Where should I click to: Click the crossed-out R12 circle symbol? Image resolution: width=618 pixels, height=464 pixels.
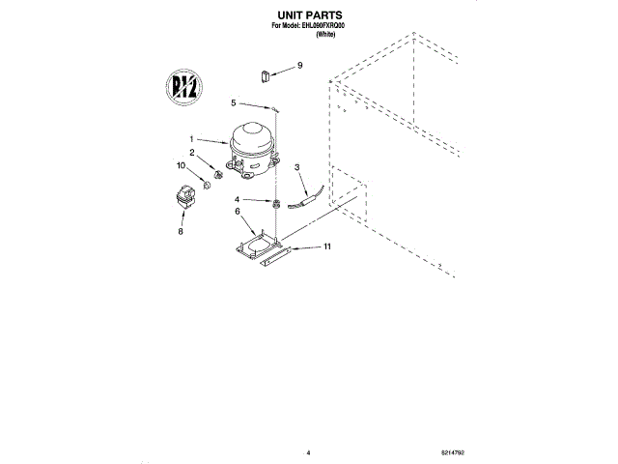click(183, 88)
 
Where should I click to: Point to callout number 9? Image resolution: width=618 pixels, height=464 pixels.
click(299, 65)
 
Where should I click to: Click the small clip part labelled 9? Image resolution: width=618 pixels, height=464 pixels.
click(264, 74)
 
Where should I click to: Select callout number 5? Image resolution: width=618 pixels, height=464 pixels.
click(233, 101)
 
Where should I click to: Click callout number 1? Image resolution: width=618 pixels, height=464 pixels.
click(192, 138)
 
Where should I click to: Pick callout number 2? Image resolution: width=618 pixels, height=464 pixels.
click(192, 153)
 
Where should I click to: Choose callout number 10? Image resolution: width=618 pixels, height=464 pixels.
click(181, 166)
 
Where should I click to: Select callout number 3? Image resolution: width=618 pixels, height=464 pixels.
click(297, 166)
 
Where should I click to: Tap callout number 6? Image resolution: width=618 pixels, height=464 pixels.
click(237, 212)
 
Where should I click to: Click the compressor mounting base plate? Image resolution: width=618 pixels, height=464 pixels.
click(256, 245)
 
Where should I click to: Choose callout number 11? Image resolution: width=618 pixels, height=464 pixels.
click(326, 247)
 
